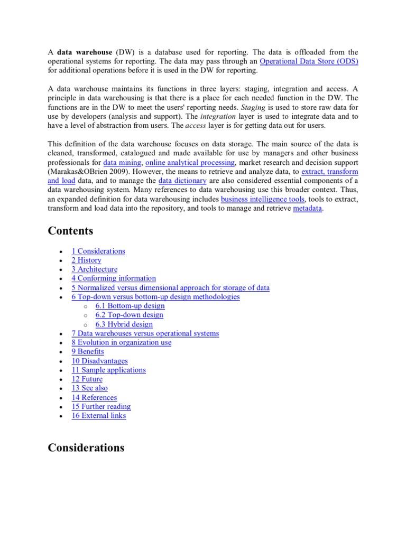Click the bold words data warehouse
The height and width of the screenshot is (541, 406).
click(85, 52)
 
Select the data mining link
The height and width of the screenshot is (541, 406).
click(122, 163)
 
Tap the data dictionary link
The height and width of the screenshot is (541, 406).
click(182, 181)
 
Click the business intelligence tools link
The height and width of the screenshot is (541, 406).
click(262, 199)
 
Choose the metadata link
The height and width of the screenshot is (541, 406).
click(307, 208)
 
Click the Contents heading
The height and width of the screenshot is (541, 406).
click(70, 231)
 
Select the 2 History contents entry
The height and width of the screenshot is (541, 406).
click(86, 260)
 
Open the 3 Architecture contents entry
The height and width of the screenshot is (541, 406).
click(95, 269)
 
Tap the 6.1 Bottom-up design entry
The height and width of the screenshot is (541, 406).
click(130, 305)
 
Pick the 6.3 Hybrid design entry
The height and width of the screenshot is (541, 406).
click(124, 324)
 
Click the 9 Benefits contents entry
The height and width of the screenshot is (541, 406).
click(88, 351)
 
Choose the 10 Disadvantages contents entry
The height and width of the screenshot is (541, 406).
click(99, 361)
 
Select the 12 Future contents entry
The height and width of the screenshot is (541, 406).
click(87, 379)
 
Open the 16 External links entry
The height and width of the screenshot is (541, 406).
click(99, 416)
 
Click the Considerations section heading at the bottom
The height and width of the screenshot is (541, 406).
click(86, 447)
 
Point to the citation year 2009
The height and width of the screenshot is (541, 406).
click(119, 172)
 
